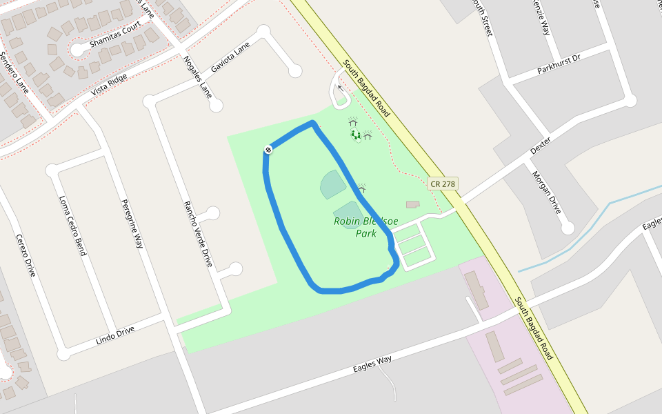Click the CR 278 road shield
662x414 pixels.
tap(443, 184)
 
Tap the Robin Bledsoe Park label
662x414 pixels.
tap(365, 227)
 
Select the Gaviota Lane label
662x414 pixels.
tap(230, 58)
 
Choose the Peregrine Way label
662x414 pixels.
tap(132, 224)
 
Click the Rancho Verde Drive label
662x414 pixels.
tap(197, 234)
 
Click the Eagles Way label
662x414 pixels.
tap(372, 363)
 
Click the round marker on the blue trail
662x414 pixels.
tap(268, 150)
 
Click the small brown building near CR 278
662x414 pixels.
tap(412, 204)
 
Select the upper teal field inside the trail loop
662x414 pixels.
tap(333, 184)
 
